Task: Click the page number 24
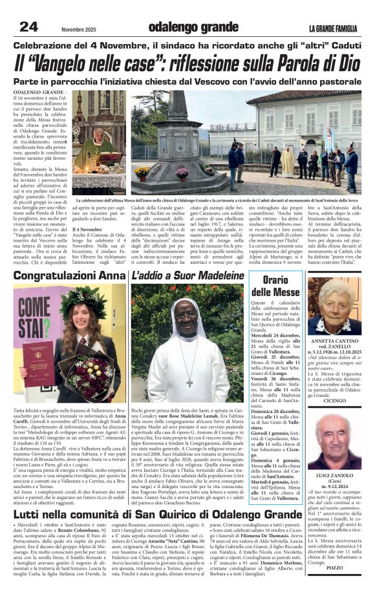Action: [x=28, y=27]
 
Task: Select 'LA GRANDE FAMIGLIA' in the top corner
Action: [x=333, y=28]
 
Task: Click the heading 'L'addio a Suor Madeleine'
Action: [x=187, y=276]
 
